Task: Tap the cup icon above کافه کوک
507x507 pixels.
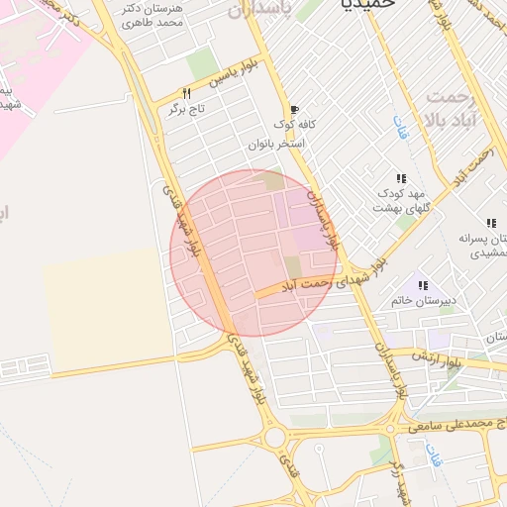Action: tap(293, 110)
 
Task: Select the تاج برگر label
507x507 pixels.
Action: tap(189, 107)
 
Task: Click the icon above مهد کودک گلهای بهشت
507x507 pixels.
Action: tap(401, 178)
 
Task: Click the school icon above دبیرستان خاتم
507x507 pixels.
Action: tap(424, 284)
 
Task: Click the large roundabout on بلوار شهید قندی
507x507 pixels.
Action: tap(275, 437)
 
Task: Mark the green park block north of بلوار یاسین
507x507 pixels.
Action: tap(203, 62)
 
